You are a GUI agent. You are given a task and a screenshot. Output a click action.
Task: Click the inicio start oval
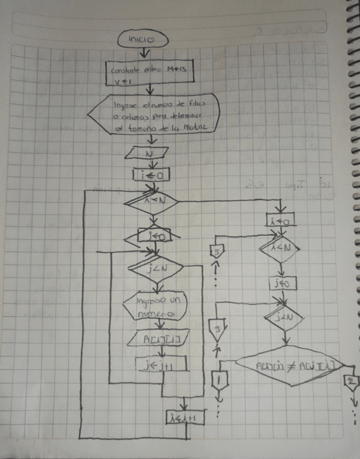point(142,39)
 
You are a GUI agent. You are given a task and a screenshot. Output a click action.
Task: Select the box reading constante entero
point(150,73)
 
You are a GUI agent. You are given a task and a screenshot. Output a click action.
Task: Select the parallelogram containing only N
point(147,153)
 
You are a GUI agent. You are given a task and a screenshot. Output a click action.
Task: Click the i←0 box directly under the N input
point(151,174)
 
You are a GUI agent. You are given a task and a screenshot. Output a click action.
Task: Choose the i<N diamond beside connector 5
point(279,248)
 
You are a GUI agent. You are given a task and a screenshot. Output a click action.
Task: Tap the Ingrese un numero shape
point(155,307)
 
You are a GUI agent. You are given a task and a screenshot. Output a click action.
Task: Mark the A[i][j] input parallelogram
point(159,339)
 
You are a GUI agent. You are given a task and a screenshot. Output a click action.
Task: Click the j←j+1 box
point(161,364)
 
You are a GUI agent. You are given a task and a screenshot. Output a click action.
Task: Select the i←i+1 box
point(185,417)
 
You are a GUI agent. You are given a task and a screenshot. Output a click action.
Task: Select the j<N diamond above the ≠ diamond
point(283,318)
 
